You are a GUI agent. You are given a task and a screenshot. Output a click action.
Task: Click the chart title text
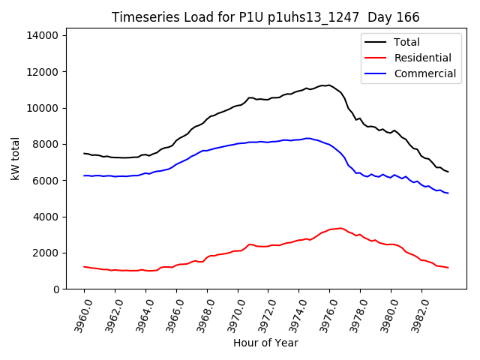(x=265, y=17)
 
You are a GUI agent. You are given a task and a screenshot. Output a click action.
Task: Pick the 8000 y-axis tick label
(x=46, y=144)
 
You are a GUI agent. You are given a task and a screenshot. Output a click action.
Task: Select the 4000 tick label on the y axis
(x=46, y=217)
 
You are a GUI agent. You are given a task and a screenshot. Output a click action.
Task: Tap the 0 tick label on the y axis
(x=56, y=289)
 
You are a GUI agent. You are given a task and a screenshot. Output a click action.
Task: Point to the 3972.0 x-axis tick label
(x=262, y=314)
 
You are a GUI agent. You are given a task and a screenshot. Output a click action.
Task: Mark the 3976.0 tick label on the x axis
(x=324, y=314)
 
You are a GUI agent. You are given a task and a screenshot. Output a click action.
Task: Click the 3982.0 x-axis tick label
(x=415, y=314)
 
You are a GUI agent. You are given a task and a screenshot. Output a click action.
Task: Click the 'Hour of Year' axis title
(x=265, y=343)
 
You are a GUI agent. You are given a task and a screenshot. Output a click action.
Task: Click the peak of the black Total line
(x=328, y=85)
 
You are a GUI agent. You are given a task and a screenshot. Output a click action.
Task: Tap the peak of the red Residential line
(x=340, y=228)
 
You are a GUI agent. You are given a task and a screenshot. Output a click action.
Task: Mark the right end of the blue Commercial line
(x=448, y=193)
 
